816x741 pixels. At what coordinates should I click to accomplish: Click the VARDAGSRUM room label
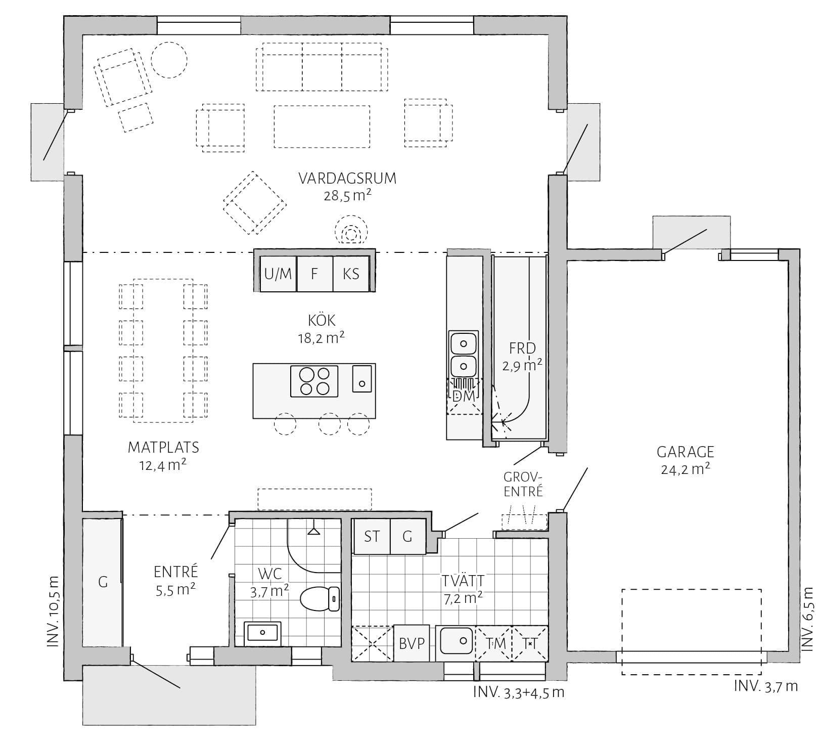click(347, 179)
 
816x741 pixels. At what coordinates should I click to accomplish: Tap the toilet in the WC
click(321, 599)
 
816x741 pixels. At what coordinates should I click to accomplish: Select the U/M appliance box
click(278, 274)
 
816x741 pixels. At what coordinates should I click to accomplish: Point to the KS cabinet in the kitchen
click(351, 274)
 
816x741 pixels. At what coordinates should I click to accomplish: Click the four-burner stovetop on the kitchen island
click(314, 381)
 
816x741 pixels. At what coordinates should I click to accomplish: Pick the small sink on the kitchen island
click(362, 378)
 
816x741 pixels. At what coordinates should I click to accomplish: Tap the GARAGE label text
click(685, 452)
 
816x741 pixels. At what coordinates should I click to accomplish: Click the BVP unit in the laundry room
click(411, 643)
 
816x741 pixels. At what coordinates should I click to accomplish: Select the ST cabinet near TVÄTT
click(372, 537)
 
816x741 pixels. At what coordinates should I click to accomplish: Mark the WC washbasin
click(262, 633)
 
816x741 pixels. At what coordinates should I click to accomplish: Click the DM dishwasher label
click(464, 396)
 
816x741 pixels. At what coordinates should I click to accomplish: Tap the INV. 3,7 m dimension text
click(765, 686)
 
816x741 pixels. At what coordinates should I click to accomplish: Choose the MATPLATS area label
click(163, 447)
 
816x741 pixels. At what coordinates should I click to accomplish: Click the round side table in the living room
click(169, 60)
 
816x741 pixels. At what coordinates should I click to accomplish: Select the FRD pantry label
click(522, 348)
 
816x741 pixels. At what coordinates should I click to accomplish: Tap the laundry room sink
click(457, 641)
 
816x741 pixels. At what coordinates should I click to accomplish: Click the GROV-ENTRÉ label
click(523, 484)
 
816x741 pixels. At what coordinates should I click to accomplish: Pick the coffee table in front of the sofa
click(322, 126)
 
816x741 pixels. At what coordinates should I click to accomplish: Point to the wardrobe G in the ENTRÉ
click(103, 582)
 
